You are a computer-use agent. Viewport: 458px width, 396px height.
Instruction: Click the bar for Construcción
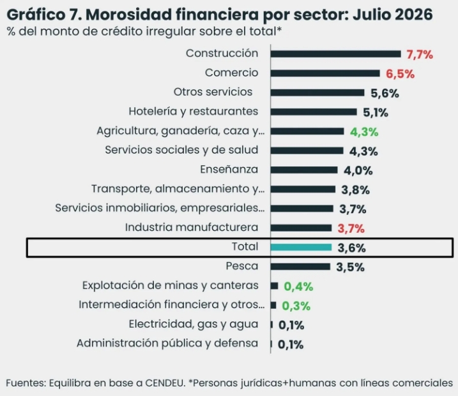coord(335,54)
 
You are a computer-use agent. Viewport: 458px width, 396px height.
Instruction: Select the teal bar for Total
coord(301,247)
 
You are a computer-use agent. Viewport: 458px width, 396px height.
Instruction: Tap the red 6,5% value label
coord(400,74)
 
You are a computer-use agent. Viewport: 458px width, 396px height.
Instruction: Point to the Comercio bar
coord(325,73)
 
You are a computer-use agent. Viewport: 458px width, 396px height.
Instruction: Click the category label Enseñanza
coord(229,170)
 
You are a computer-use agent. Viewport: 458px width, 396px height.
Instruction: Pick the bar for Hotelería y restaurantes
coord(314,112)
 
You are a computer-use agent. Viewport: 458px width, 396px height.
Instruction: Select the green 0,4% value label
coord(298,287)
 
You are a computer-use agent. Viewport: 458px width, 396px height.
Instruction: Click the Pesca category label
coord(242,266)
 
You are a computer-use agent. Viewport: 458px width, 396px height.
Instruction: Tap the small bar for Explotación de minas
coord(274,286)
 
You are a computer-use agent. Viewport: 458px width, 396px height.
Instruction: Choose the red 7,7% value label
coord(420,55)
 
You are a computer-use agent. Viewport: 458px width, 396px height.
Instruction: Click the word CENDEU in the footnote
coord(165,383)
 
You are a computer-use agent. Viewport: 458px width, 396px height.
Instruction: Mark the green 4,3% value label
coord(364,132)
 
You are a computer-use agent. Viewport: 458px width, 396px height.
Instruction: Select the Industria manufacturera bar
coord(301,228)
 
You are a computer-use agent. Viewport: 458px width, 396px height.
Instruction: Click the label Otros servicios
coord(213,92)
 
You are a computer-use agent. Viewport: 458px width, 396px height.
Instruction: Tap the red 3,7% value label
coord(351,229)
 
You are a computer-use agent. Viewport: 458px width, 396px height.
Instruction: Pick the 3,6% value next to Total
coord(352,248)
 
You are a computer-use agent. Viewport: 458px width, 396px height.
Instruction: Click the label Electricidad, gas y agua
coord(194,324)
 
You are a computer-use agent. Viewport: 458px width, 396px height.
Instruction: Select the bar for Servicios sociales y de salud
coord(307,150)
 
